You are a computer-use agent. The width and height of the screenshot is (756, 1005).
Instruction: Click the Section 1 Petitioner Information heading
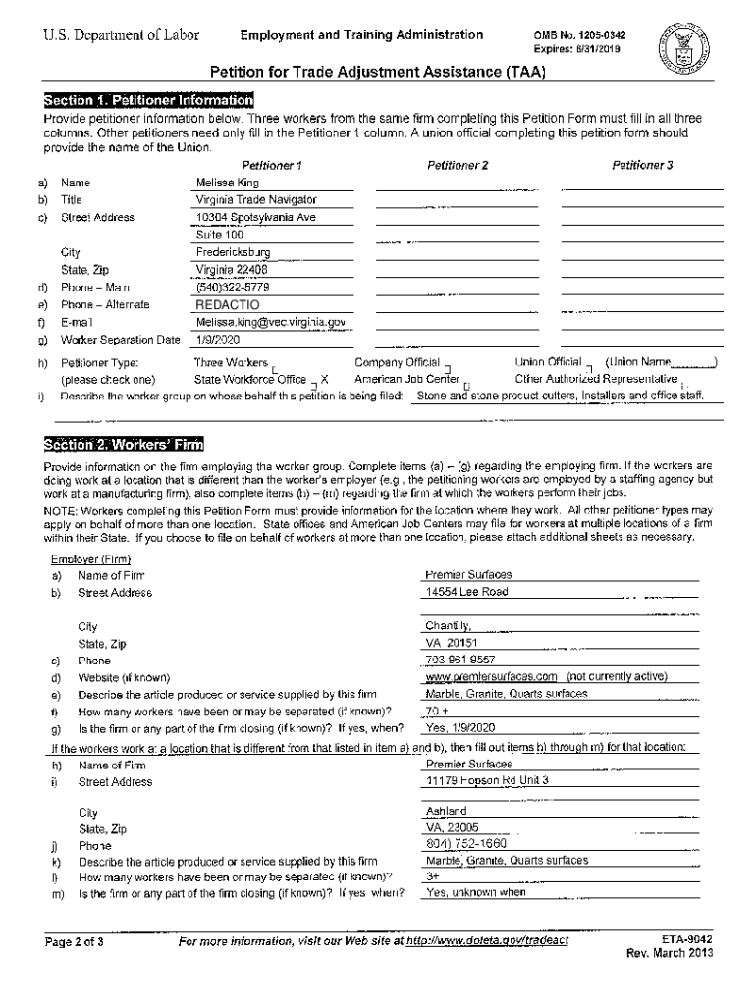click(x=148, y=101)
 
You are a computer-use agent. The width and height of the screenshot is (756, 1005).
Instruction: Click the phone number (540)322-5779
click(x=233, y=288)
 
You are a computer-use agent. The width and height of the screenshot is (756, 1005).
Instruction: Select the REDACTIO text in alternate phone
click(x=228, y=304)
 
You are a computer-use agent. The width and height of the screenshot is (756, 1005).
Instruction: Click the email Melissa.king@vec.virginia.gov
click(x=270, y=322)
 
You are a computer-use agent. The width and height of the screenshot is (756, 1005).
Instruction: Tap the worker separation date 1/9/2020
click(x=218, y=340)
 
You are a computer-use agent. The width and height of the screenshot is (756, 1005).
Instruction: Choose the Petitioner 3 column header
click(x=642, y=165)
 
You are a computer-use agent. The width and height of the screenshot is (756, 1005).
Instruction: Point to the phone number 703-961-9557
click(x=460, y=661)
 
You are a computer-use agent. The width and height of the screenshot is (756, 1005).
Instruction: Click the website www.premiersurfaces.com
click(x=491, y=677)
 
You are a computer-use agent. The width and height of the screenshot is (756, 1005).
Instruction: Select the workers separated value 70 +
click(x=437, y=711)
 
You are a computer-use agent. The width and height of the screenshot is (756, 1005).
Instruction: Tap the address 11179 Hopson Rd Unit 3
click(x=487, y=781)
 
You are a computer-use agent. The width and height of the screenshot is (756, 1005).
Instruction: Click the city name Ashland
click(x=447, y=812)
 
